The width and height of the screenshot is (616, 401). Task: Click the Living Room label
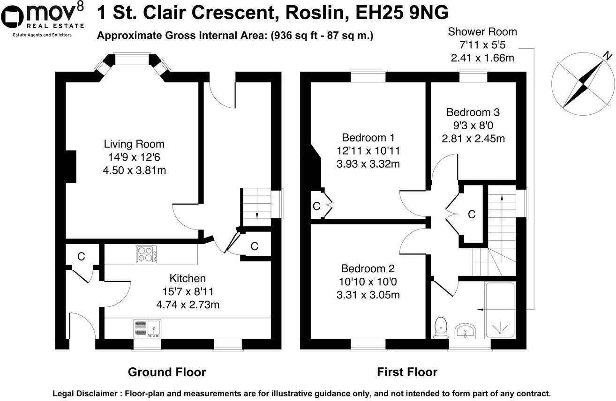tap(134, 144)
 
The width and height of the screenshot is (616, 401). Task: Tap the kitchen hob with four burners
tap(146, 254)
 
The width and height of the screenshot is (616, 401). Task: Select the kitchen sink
tap(147, 328)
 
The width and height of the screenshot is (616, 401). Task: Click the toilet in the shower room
tap(441, 327)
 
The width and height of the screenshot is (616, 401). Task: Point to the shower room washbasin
tap(465, 331)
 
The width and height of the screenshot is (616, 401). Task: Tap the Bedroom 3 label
tap(473, 112)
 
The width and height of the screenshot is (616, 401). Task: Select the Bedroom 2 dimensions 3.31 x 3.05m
tap(368, 295)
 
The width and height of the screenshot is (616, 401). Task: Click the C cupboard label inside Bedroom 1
tap(316, 206)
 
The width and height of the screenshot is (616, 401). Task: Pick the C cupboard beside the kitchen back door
tap(81, 256)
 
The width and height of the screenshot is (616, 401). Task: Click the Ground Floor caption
tap(167, 372)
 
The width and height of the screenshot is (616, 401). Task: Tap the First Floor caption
tap(407, 372)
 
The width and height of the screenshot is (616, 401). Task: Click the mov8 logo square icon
tap(13, 17)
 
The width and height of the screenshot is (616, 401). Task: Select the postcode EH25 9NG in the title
tap(402, 13)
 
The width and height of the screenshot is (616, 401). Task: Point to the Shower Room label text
tap(482, 31)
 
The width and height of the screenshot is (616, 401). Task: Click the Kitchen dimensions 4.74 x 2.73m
tap(188, 305)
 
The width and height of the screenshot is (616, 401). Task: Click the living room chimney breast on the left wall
tap(71, 167)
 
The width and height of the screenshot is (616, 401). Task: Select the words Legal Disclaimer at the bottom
tap(85, 394)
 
